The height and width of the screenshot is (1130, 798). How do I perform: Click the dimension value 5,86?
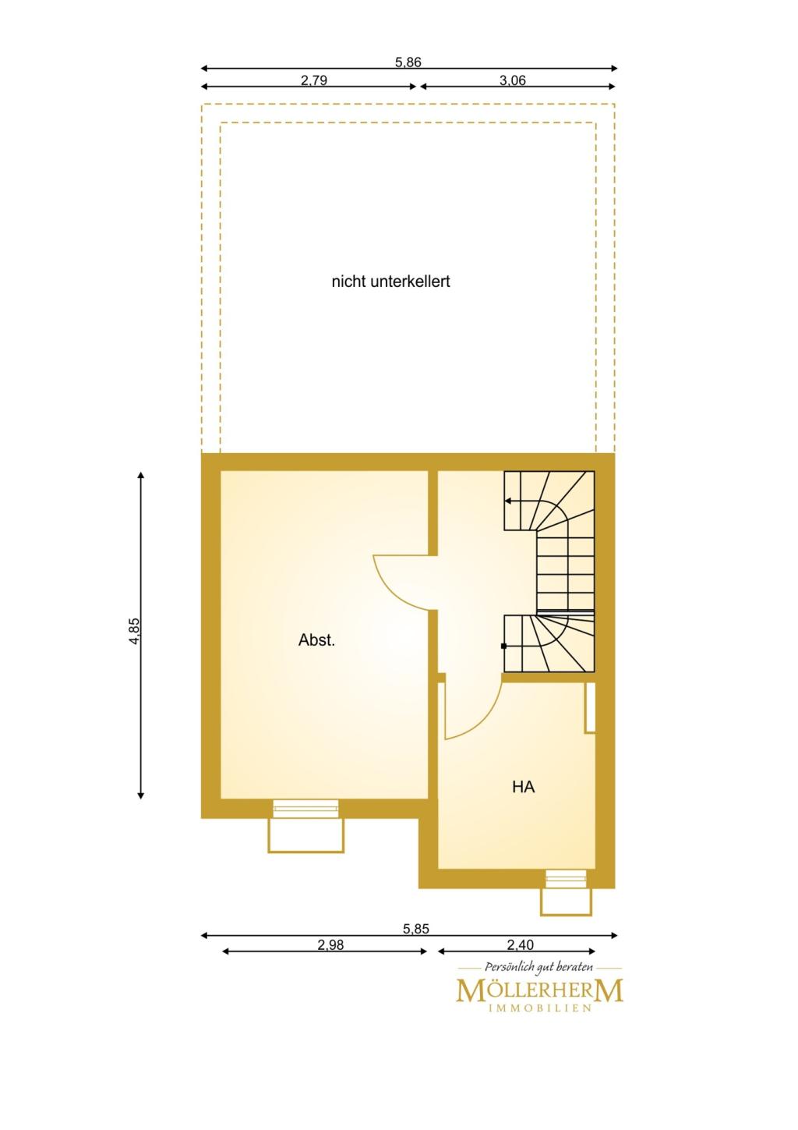click(x=408, y=62)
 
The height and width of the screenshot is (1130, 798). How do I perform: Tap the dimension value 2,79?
click(x=314, y=80)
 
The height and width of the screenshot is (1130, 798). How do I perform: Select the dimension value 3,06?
click(x=513, y=80)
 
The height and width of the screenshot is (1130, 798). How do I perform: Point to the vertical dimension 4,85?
click(x=135, y=631)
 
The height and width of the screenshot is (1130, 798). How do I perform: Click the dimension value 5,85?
click(x=416, y=929)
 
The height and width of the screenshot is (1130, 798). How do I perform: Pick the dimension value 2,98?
click(x=330, y=945)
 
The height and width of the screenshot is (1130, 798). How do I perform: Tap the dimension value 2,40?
click(x=521, y=944)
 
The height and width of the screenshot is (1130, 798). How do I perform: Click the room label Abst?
click(x=316, y=640)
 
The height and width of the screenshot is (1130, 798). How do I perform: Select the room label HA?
click(x=523, y=787)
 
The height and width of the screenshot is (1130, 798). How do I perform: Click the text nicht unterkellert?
click(x=390, y=282)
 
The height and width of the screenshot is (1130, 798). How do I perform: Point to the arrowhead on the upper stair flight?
click(x=508, y=501)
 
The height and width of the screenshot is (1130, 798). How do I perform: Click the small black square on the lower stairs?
click(x=503, y=646)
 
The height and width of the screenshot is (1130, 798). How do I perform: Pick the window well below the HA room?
click(x=566, y=901)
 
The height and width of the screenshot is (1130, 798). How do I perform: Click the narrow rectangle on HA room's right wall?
click(x=590, y=707)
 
